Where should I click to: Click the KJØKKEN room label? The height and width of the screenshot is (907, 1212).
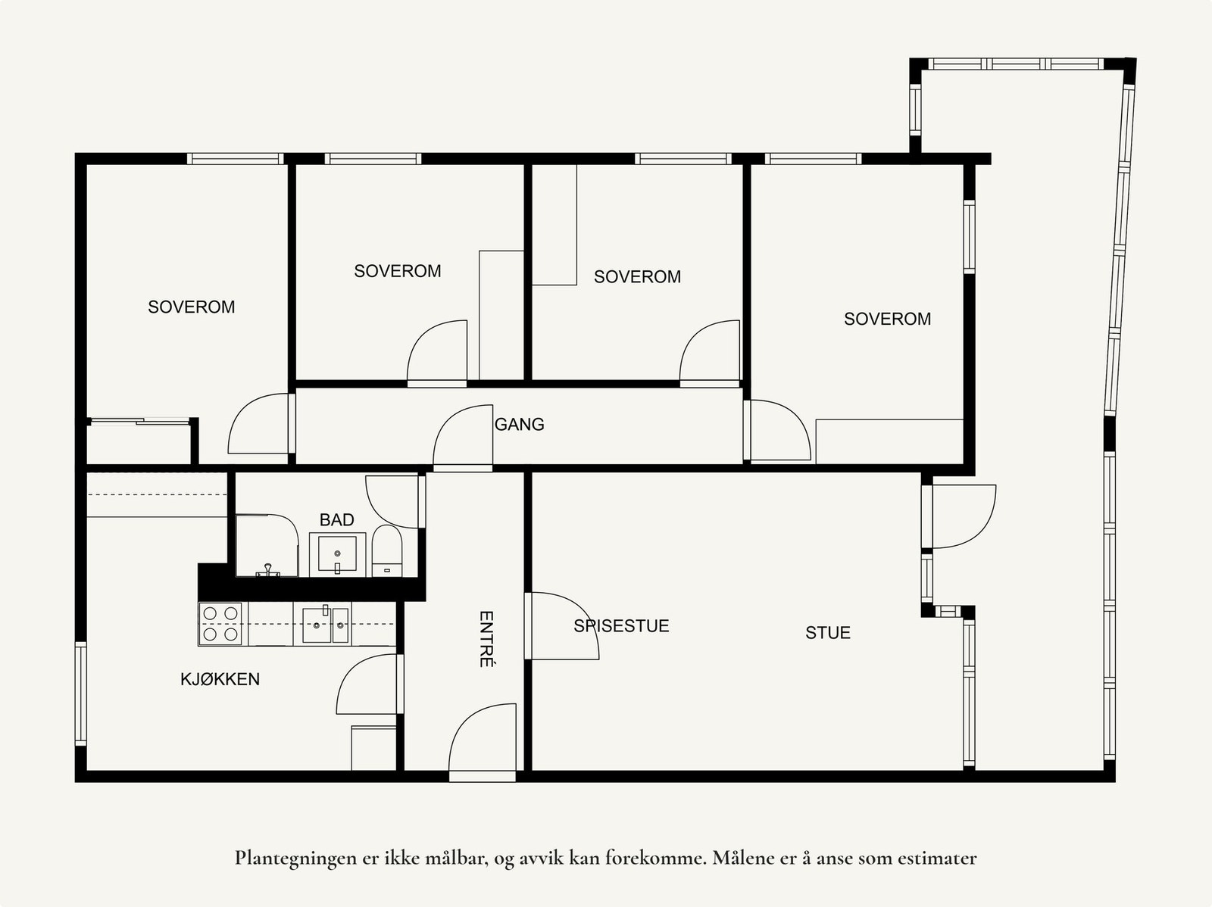(220, 679)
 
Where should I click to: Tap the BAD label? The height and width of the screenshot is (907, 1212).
(337, 519)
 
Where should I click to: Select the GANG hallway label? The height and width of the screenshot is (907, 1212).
(519, 424)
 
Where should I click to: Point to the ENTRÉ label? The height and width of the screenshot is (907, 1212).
(486, 639)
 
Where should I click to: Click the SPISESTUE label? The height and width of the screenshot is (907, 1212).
(621, 625)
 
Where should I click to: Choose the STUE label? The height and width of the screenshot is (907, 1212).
(828, 633)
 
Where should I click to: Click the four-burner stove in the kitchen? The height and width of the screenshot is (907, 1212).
(220, 623)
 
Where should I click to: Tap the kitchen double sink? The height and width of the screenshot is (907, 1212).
(326, 624)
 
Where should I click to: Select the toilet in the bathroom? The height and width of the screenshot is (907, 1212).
(386, 551)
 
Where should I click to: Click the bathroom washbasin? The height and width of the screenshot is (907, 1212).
(337, 554)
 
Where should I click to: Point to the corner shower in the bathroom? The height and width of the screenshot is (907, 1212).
(267, 546)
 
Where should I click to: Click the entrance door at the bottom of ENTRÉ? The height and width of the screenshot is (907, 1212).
(483, 742)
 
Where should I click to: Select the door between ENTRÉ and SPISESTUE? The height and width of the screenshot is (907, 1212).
(561, 625)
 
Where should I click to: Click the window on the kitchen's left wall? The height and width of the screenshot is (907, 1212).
(81, 693)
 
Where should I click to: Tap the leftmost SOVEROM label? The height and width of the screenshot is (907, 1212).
(191, 307)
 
